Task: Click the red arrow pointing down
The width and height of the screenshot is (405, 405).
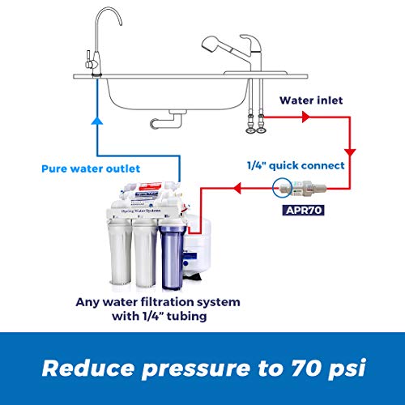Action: [351, 152]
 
